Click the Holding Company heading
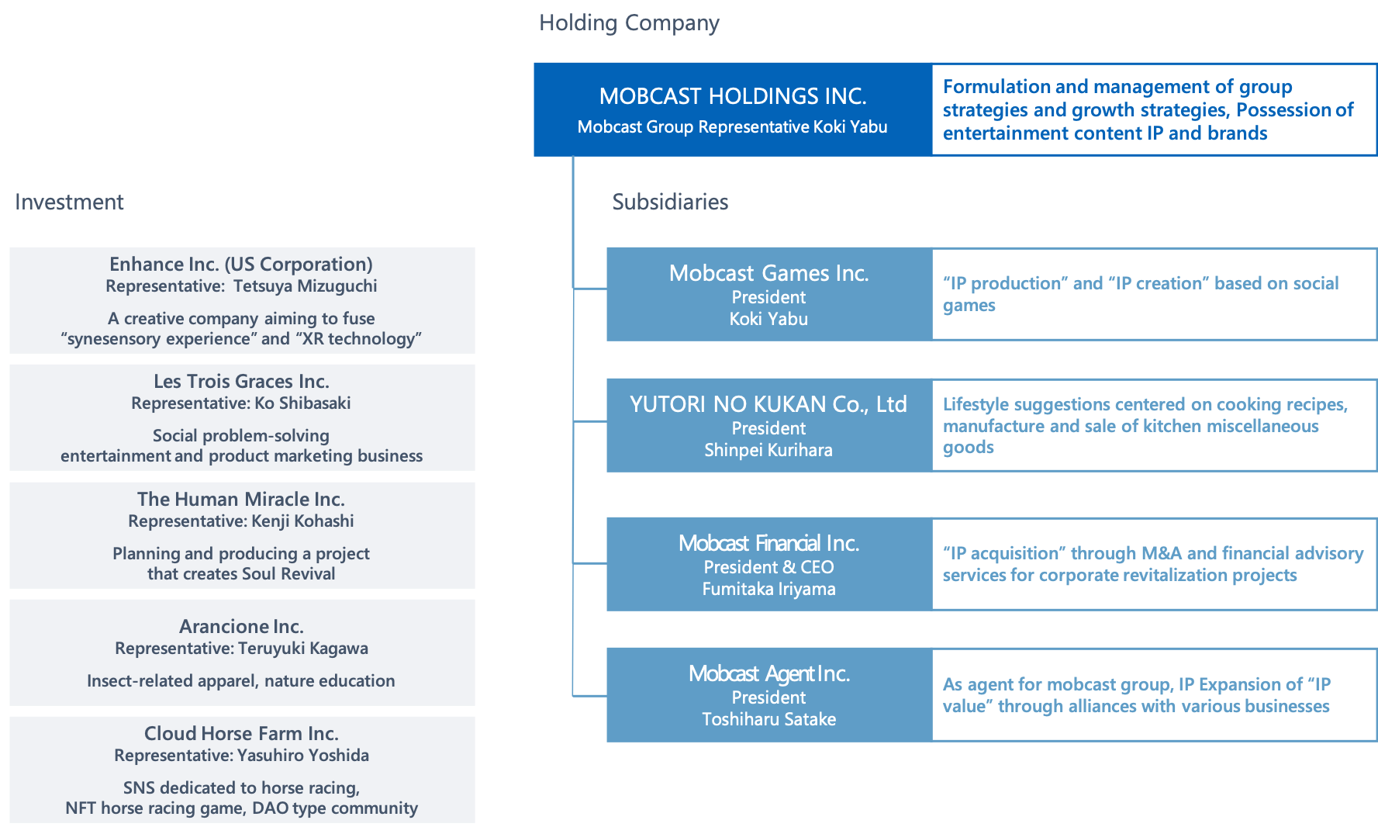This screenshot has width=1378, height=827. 629,23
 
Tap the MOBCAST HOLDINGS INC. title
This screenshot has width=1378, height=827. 733,96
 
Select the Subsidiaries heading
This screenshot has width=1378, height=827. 670,202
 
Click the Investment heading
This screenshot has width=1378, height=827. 69,202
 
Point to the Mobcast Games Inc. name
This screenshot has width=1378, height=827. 768,273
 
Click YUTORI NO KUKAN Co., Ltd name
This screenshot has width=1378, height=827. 768,404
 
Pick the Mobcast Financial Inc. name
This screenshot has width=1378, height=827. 768,543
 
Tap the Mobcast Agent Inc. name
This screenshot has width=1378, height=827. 768,673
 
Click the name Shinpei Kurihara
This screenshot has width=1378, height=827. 768,450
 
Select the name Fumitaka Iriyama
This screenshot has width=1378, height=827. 768,589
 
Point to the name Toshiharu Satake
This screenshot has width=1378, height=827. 768,719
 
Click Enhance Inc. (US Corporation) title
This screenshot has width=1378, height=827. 241,265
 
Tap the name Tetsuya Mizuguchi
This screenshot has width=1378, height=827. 305,286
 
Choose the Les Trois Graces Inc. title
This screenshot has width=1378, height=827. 241,382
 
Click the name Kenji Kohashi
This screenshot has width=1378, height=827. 304,521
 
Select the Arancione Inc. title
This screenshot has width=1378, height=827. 241,626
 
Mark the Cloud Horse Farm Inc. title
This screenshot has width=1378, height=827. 241,733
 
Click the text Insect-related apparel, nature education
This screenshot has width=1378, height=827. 241,681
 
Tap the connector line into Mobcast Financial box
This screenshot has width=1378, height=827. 590,563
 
